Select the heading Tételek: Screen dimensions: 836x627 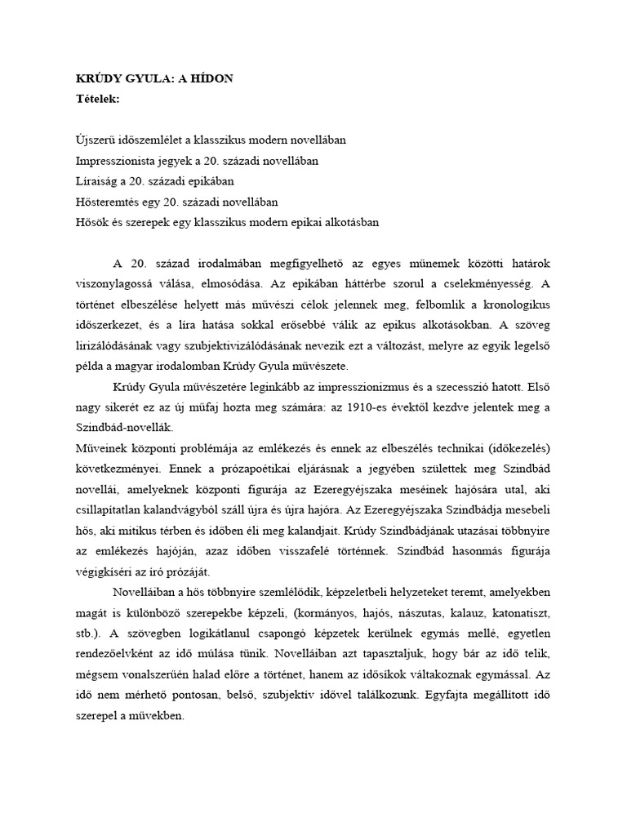[97, 99]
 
